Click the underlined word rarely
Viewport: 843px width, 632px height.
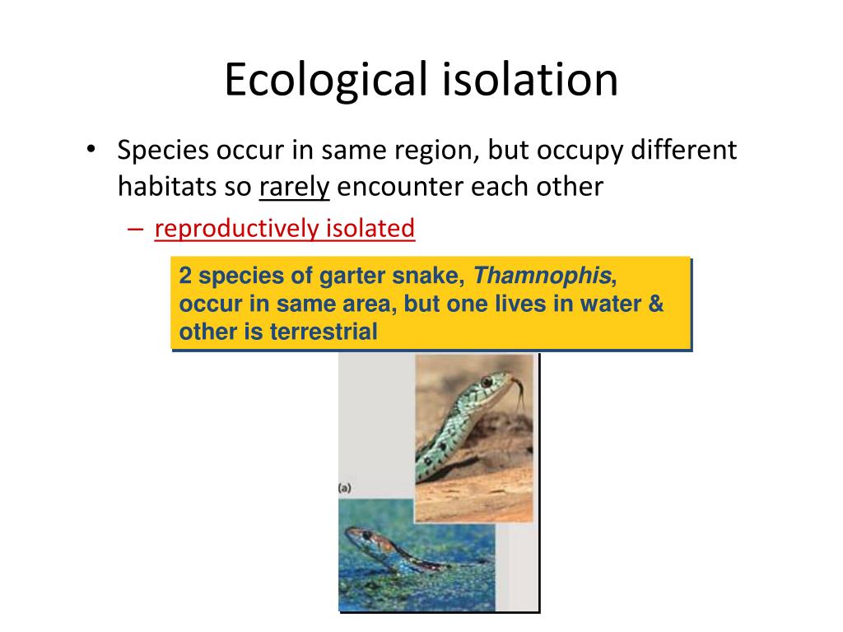pyautogui.click(x=294, y=188)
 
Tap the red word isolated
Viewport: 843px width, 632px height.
pyautogui.click(x=371, y=228)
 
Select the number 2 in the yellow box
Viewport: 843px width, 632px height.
pyautogui.click(x=186, y=276)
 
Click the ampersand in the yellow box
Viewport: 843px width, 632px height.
pyautogui.click(x=656, y=304)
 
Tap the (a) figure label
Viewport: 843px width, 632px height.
pyautogui.click(x=345, y=488)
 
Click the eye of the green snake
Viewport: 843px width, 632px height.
pyautogui.click(x=487, y=382)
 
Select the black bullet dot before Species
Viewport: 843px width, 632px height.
pyautogui.click(x=92, y=151)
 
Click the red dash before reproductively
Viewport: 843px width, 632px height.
pyautogui.click(x=136, y=229)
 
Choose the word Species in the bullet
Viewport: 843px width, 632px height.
pyautogui.click(x=163, y=151)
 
